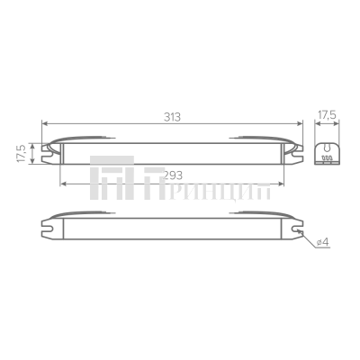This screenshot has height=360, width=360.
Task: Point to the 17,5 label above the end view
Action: (x=327, y=115)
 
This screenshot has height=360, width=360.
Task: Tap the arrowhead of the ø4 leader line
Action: (x=304, y=231)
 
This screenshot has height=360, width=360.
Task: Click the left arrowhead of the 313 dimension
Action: (x=44, y=124)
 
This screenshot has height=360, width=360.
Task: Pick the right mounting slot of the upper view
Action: (x=295, y=150)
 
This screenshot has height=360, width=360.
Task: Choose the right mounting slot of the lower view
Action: (x=295, y=228)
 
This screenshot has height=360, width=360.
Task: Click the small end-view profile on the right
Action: (x=327, y=149)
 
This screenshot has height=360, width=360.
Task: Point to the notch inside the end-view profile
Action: (x=327, y=146)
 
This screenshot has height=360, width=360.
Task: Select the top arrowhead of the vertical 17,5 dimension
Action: (x=33, y=141)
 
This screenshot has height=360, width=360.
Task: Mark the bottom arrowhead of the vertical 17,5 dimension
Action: (x=33, y=163)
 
